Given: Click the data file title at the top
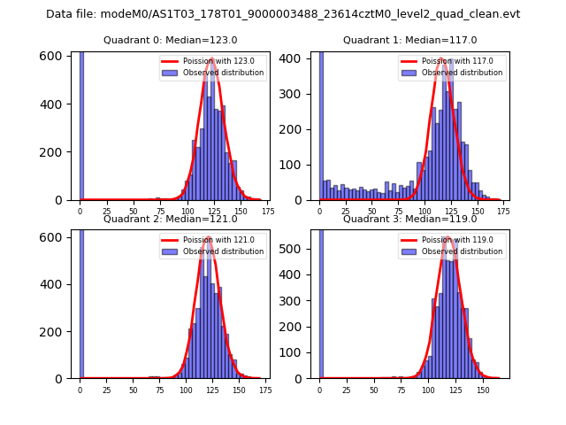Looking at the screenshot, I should (x=283, y=14).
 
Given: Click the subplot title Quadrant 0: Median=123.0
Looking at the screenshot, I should (x=171, y=40).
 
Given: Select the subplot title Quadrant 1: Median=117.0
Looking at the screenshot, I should (x=409, y=40).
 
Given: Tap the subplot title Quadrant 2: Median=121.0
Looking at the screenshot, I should (x=171, y=219).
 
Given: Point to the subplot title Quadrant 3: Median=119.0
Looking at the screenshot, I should (x=409, y=219).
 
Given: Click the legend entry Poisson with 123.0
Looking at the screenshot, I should (x=211, y=61).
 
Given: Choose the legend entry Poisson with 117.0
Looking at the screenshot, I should (x=451, y=61).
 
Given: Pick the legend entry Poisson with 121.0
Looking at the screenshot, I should (x=211, y=239).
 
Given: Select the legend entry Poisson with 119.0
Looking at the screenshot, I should (x=451, y=239).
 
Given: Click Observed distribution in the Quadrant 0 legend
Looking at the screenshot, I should (x=223, y=73).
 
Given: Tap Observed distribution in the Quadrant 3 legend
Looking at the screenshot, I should (x=463, y=251).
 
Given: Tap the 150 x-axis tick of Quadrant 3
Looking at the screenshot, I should (x=483, y=390).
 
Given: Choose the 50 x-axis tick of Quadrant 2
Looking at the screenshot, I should (x=134, y=390).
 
